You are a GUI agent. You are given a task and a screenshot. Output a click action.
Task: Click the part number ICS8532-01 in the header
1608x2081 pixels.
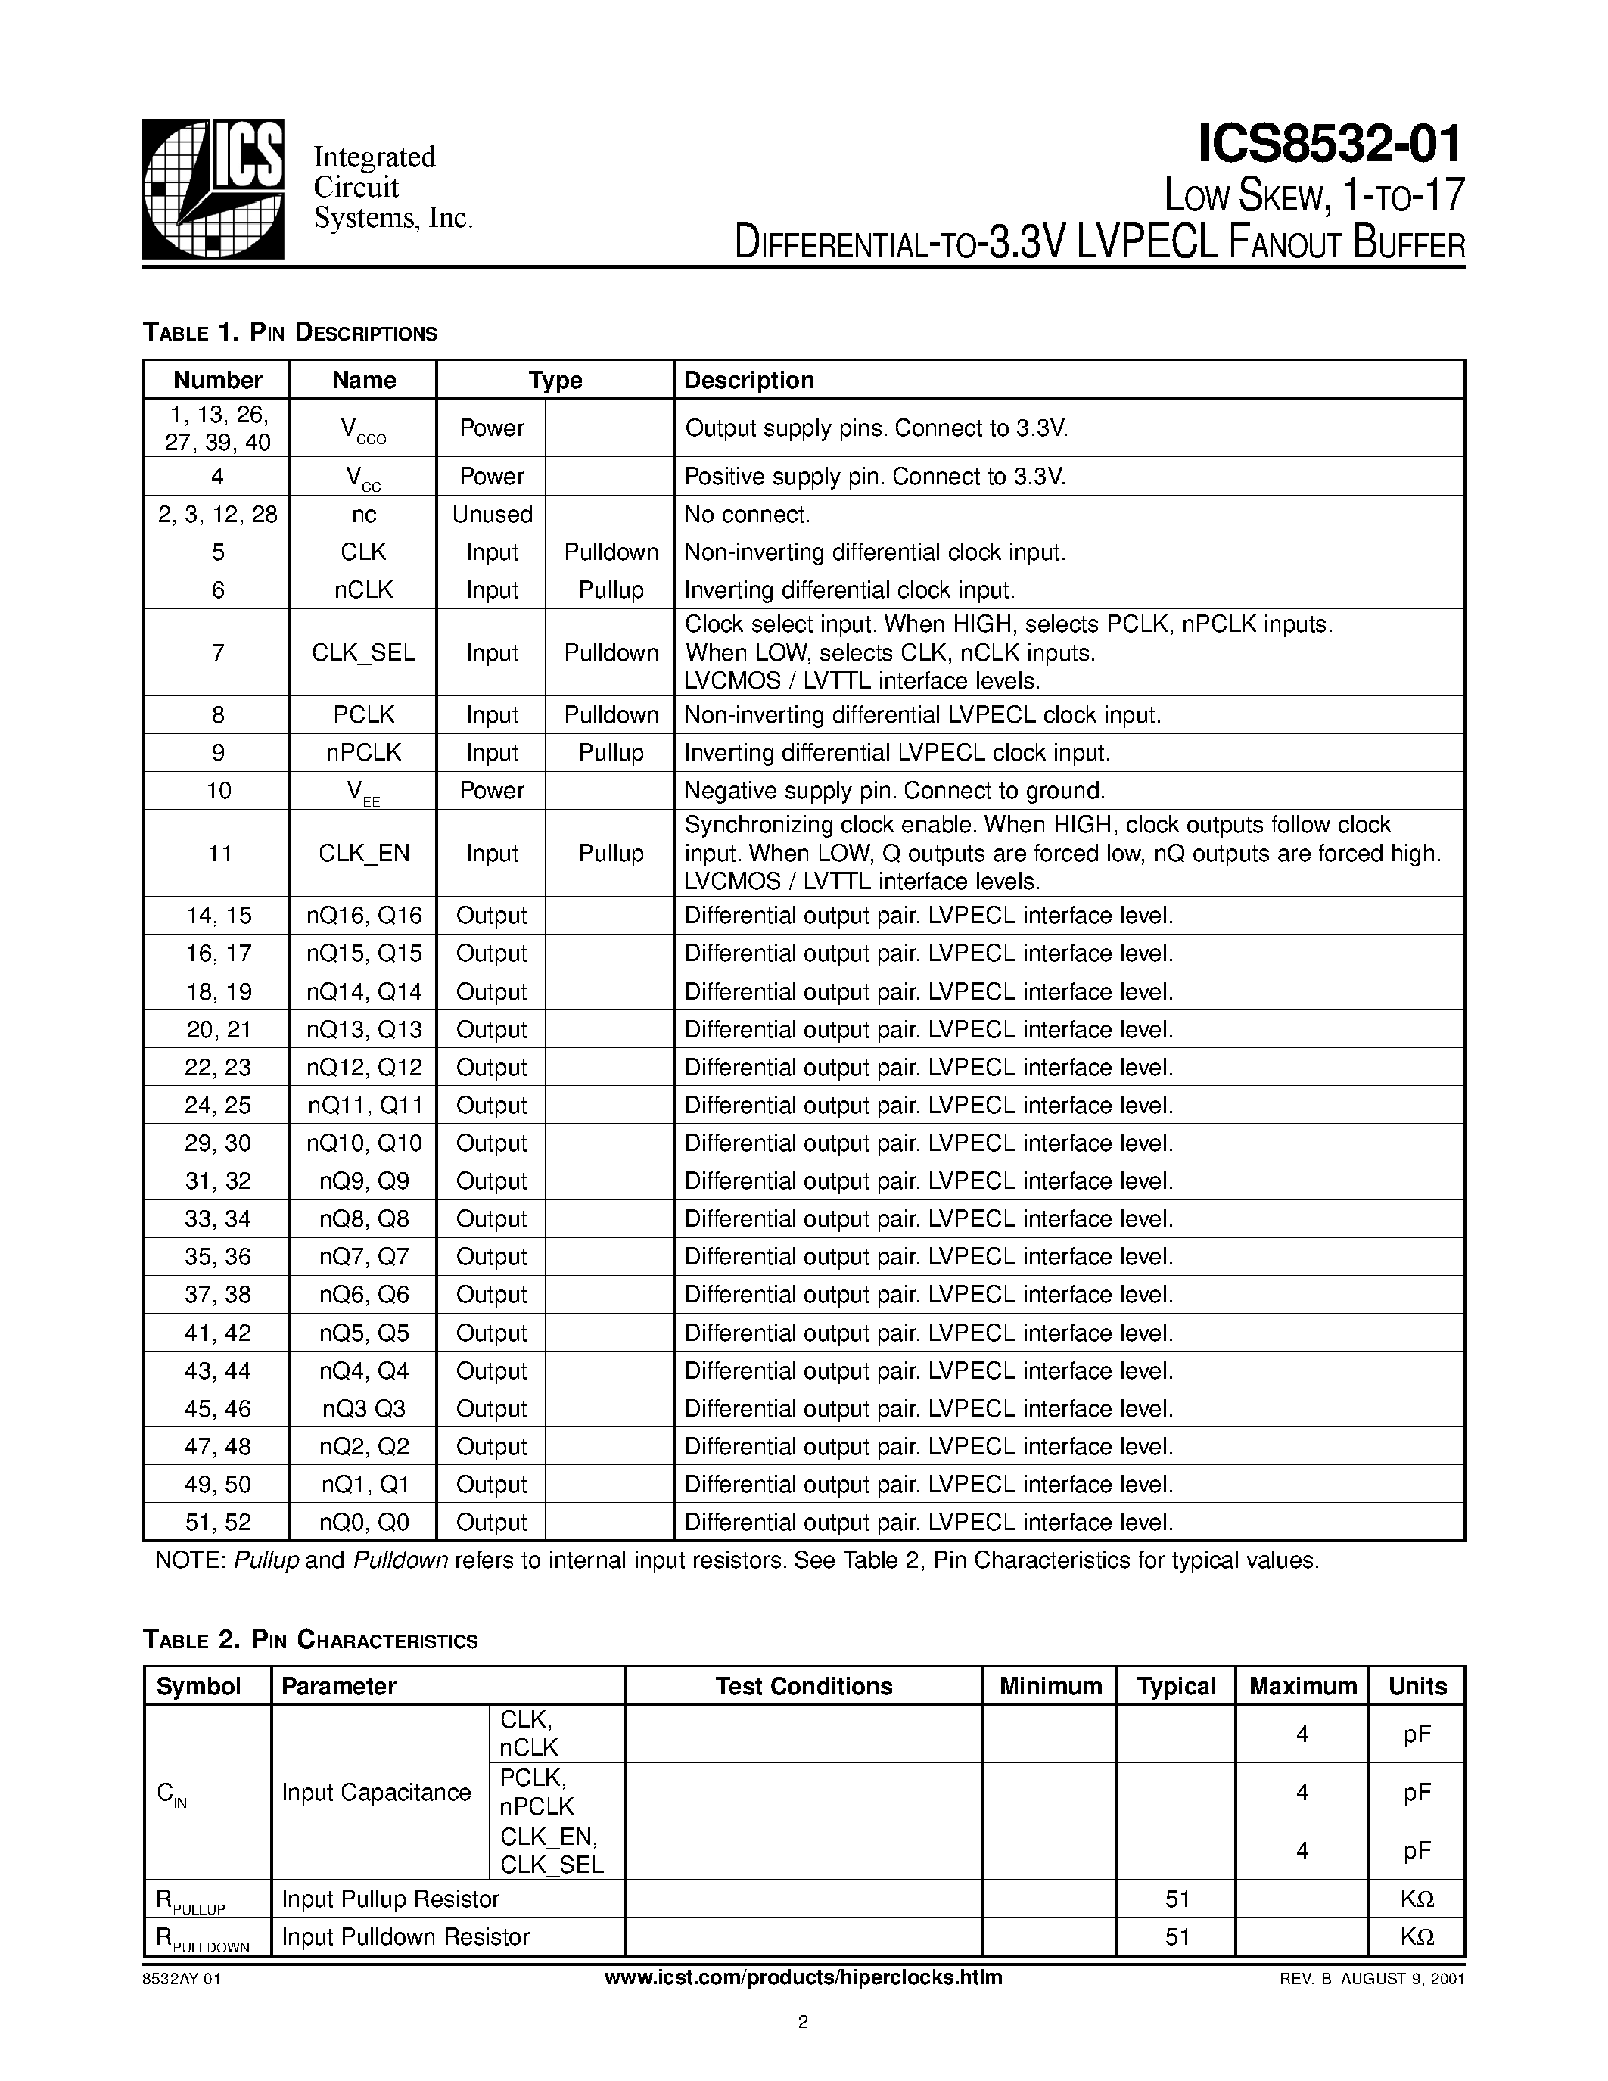coord(1329,143)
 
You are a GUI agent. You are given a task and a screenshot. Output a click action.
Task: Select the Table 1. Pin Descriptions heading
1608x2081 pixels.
coord(290,332)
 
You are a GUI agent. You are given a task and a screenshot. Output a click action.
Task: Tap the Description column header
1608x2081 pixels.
coord(748,380)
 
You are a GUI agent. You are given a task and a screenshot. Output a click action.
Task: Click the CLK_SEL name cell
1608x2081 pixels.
coord(363,653)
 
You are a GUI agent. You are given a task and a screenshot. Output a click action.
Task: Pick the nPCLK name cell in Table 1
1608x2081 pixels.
coord(363,753)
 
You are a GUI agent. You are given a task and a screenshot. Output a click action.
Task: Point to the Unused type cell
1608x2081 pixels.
coord(492,515)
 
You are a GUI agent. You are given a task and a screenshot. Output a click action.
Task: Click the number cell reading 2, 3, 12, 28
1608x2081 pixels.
coord(217,515)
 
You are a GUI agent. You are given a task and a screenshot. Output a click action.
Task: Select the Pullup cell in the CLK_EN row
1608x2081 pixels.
coord(611,853)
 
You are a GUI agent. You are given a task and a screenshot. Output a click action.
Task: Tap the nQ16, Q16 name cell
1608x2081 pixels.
coord(363,916)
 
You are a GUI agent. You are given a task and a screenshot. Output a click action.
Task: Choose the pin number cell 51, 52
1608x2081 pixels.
coord(217,1522)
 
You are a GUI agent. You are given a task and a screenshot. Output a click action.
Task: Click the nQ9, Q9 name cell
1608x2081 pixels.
coord(363,1181)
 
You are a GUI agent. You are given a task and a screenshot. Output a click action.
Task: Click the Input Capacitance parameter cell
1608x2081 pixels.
coord(376,1792)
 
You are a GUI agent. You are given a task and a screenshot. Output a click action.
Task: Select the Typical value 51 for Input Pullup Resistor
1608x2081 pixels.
coord(1177,1899)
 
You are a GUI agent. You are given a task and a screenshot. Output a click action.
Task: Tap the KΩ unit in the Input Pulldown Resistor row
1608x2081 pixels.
coord(1417,1936)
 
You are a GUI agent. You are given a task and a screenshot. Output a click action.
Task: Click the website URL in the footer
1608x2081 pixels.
coord(803,1977)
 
